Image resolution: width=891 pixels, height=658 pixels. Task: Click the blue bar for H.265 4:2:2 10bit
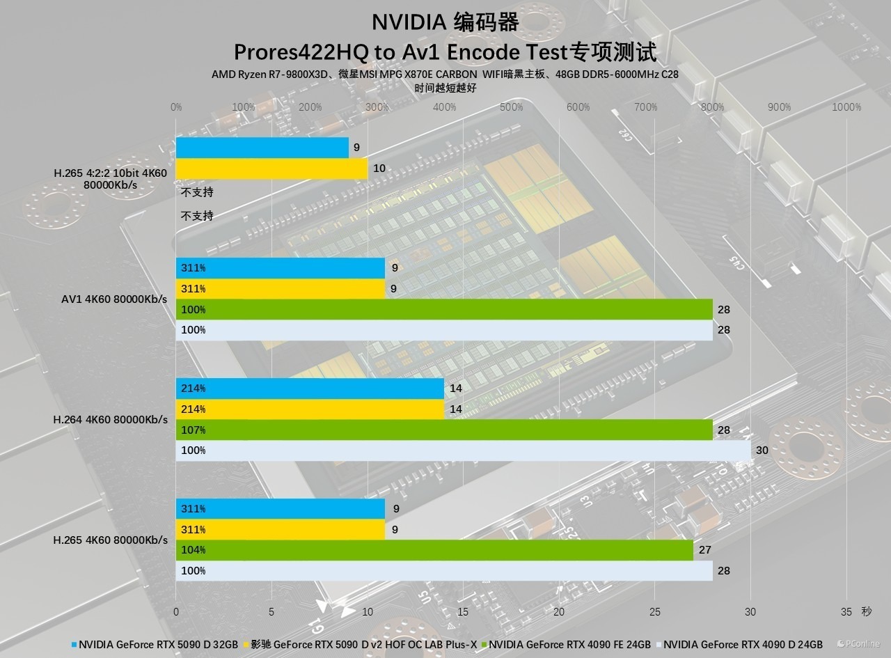pos(262,148)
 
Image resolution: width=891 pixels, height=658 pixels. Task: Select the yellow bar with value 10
pos(271,169)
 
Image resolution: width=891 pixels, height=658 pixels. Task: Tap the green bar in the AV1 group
pos(444,309)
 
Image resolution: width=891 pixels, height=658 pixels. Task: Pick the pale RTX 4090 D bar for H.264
pos(463,451)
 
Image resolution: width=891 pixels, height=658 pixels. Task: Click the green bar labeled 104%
pos(434,550)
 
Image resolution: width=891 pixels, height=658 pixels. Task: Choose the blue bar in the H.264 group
pos(310,389)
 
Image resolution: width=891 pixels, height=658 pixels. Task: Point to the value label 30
pos(762,451)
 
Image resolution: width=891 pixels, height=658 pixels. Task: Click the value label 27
pos(704,550)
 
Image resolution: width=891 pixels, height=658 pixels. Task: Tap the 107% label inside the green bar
pos(193,430)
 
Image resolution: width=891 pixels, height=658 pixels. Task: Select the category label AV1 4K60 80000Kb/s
pos(114,299)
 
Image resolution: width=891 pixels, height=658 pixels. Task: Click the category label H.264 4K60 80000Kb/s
pos(111,420)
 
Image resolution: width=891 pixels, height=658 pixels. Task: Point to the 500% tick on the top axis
pos(512,107)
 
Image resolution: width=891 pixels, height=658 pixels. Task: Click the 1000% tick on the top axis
pos(846,107)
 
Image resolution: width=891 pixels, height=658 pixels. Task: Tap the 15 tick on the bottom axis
pos(463,612)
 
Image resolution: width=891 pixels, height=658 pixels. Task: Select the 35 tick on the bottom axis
pos(846,612)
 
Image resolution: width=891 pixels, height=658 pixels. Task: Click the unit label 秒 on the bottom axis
pos(866,612)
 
